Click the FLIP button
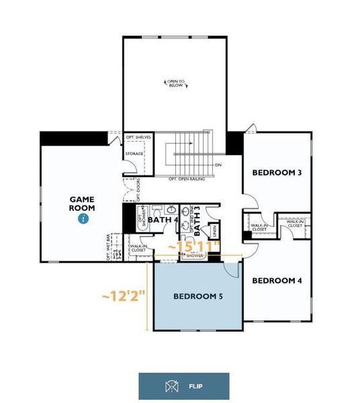[183, 386]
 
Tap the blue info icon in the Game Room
[83, 218]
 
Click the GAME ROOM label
[83, 204]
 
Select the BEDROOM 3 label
[277, 173]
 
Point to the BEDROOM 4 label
[277, 280]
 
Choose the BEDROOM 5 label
[197, 296]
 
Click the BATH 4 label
[163, 220]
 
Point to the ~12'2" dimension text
[124, 296]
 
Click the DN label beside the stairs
[218, 165]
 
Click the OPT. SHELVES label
[138, 138]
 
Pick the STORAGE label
[134, 154]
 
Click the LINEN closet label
[214, 230]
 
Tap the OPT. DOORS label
[138, 189]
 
